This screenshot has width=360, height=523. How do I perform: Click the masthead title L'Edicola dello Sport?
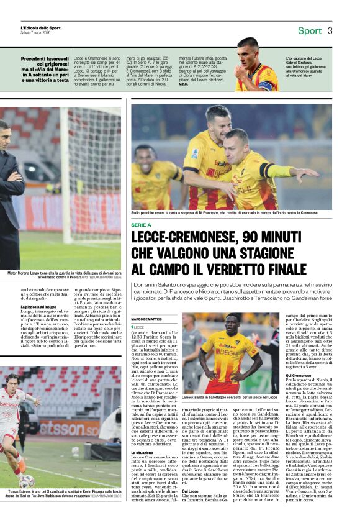[x=41, y=28]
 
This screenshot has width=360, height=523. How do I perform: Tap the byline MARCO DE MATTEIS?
[x=146, y=319]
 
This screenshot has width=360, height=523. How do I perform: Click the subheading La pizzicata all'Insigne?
[x=42, y=306]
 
